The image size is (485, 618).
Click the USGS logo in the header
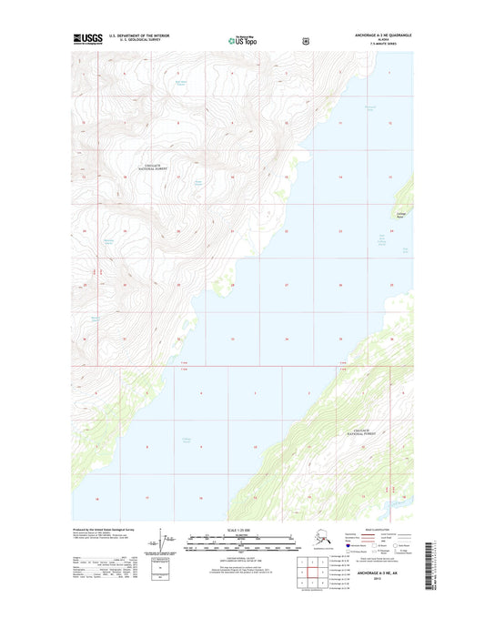[88, 40]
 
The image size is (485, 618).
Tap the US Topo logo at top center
[242, 41]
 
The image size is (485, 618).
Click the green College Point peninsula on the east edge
[405, 196]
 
